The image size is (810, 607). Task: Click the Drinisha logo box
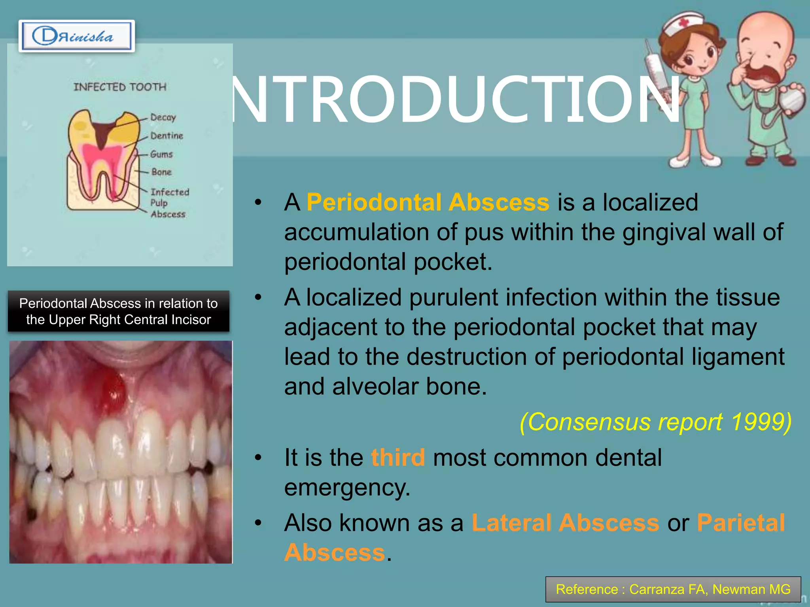76,36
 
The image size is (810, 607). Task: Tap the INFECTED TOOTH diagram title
120,87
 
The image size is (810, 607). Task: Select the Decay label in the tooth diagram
163,117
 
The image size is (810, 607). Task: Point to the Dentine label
167,136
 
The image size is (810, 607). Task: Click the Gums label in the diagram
161,154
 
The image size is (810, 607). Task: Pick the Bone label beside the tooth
161,172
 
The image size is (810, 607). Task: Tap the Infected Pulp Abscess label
170,203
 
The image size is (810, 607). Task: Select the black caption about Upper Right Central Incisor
119,311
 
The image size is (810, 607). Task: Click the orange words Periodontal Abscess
428,202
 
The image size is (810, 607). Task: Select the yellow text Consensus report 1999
655,422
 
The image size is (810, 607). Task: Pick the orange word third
398,458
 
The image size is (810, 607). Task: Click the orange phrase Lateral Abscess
565,523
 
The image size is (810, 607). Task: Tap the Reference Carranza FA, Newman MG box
673,589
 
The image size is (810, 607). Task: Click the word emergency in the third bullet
347,488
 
